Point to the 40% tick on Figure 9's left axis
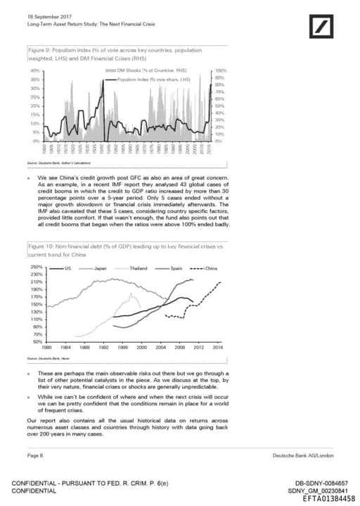[x=34, y=72]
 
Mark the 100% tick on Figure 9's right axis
[x=220, y=72]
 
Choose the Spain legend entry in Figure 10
[x=176, y=269]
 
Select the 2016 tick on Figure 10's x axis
[x=218, y=348]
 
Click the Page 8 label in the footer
[x=34, y=456]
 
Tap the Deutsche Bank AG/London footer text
[x=303, y=456]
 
